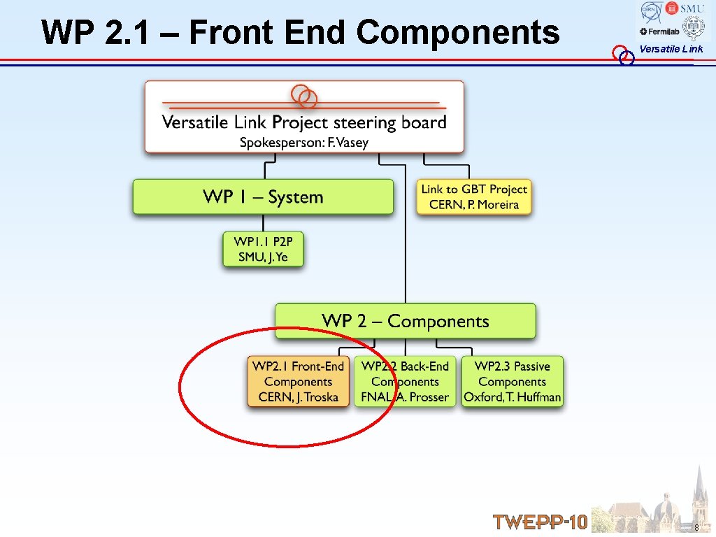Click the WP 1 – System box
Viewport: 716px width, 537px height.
pyautogui.click(x=263, y=196)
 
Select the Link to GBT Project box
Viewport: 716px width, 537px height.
pyautogui.click(x=474, y=196)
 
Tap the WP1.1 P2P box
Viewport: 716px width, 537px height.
pyautogui.click(x=263, y=249)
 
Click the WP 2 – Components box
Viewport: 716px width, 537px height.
pyautogui.click(x=405, y=321)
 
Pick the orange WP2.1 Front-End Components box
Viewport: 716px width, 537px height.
pyautogui.click(x=298, y=382)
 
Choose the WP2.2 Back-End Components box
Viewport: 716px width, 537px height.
pyautogui.click(x=405, y=382)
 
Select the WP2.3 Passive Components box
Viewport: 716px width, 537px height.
pyautogui.click(x=512, y=382)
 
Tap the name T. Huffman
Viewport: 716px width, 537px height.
pyautogui.click(x=534, y=397)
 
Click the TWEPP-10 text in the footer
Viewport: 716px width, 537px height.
pyautogui.click(x=540, y=522)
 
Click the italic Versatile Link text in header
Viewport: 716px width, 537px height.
pyautogui.click(x=671, y=49)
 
